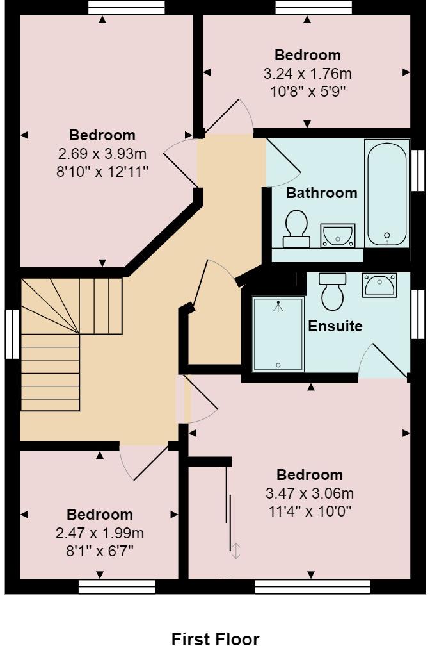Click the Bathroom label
(x=321, y=193)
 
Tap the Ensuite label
(x=335, y=326)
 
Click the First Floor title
(x=215, y=638)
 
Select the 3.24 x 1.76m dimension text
(x=308, y=74)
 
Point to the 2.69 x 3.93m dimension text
(x=102, y=154)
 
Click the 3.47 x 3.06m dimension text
(x=310, y=493)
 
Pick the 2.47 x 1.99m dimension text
(x=100, y=533)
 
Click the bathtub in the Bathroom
(x=386, y=194)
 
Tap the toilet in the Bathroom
(x=296, y=229)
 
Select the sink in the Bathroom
(x=338, y=235)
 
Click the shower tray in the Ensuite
(x=278, y=334)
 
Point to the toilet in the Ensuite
(x=333, y=291)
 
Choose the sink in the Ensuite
(x=379, y=285)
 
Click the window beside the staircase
(x=12, y=334)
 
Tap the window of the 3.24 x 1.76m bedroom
(x=314, y=8)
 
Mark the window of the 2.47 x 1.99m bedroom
(x=117, y=586)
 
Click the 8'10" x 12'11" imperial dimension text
(x=102, y=171)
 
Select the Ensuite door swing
(x=383, y=360)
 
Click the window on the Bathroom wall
(x=418, y=170)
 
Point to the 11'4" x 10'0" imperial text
(x=310, y=511)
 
